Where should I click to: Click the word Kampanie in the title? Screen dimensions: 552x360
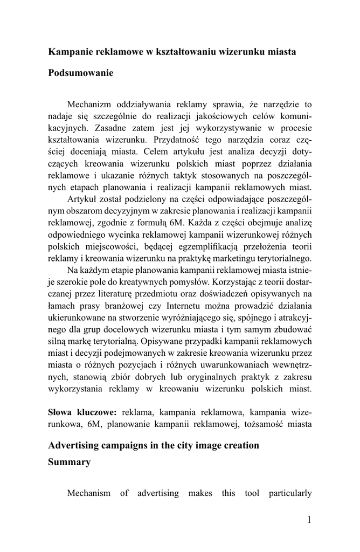tap(69, 52)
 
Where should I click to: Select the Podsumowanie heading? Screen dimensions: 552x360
tap(81, 73)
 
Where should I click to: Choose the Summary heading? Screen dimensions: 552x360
tap(70, 462)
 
